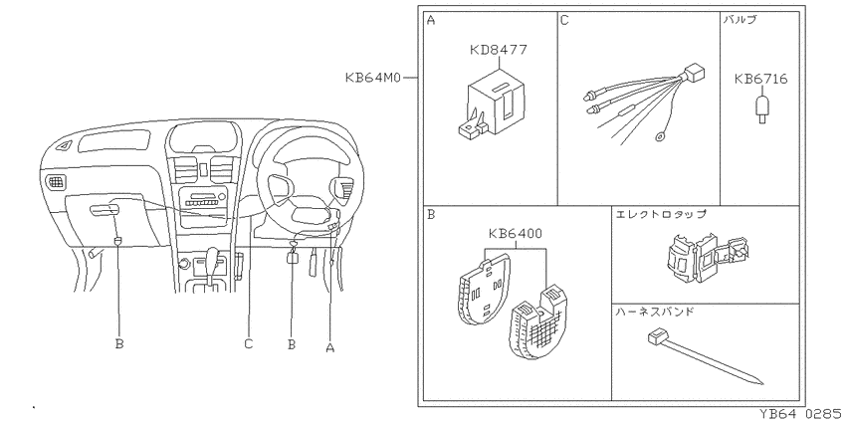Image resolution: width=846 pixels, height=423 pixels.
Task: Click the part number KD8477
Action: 498,50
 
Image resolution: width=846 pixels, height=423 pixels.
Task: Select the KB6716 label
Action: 760,80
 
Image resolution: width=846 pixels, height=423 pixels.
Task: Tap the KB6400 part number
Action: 516,234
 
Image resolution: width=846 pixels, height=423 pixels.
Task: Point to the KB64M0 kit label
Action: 373,78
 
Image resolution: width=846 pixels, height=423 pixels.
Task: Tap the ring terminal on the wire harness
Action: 660,137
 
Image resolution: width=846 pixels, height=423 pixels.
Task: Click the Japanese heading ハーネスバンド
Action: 655,312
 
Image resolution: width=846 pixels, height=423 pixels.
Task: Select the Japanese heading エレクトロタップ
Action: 661,214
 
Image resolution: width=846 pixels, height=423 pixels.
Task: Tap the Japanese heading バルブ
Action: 740,21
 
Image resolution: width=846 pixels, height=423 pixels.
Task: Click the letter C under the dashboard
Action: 248,343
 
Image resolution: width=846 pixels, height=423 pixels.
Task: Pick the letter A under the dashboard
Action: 330,348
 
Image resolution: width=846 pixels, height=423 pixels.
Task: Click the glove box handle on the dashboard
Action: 105,210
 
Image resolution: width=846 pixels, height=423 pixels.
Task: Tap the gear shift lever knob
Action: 213,255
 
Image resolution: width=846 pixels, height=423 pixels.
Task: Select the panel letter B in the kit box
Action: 431,215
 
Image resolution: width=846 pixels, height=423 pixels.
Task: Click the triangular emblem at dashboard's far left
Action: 66,145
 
